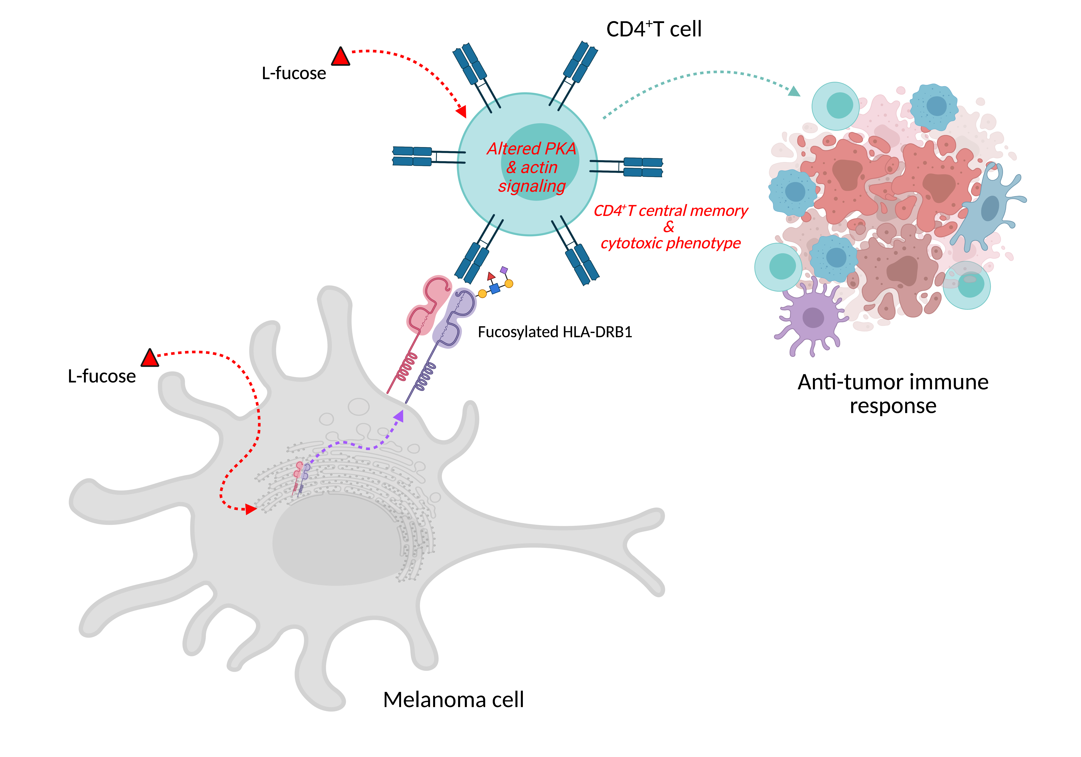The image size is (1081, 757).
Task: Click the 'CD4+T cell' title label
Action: click(653, 29)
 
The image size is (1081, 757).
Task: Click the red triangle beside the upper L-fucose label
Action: click(340, 57)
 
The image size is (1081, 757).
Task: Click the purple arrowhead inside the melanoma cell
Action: click(399, 416)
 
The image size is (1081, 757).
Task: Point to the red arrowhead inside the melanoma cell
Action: click(251, 509)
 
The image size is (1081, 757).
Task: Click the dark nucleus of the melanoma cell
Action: click(337, 542)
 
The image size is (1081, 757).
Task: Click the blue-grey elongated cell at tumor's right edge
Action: click(989, 207)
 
